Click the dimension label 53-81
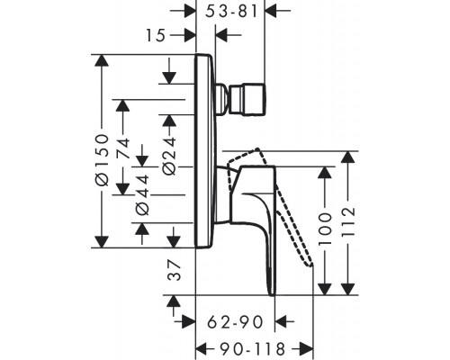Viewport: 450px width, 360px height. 231,12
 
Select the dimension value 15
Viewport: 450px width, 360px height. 156,35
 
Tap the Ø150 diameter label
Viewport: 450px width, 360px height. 102,159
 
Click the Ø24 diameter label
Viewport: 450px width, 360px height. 169,156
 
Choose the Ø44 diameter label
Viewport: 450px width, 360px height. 142,194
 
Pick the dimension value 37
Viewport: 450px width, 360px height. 175,270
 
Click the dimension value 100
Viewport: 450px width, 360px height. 325,229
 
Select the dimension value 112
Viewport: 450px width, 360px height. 348,220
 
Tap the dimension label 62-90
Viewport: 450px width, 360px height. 236,322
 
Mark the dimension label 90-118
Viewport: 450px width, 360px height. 252,349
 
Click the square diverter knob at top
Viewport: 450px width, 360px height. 247,99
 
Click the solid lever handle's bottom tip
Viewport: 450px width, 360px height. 273,295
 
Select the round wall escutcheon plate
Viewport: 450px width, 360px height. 206,151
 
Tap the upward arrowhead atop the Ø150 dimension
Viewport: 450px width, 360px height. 102,61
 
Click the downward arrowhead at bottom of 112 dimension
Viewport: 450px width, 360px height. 348,289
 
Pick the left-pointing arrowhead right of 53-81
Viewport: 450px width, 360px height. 272,11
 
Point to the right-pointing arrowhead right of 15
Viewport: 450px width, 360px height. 190,35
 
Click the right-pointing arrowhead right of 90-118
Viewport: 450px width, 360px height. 307,349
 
